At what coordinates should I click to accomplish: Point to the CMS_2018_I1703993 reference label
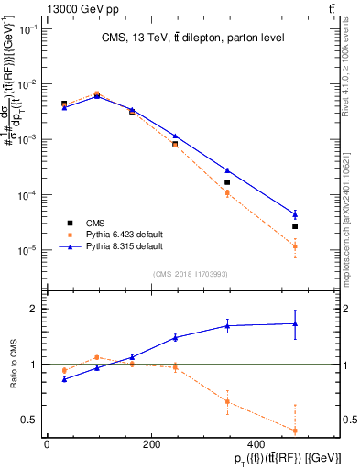(190, 273)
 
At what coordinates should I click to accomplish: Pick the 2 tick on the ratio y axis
(32, 309)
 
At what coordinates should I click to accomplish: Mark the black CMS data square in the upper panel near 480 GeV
(295, 226)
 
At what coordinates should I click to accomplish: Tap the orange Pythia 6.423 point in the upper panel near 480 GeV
(295, 246)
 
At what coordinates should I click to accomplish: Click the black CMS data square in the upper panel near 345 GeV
(227, 182)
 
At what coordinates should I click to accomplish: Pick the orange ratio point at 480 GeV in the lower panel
(295, 431)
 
